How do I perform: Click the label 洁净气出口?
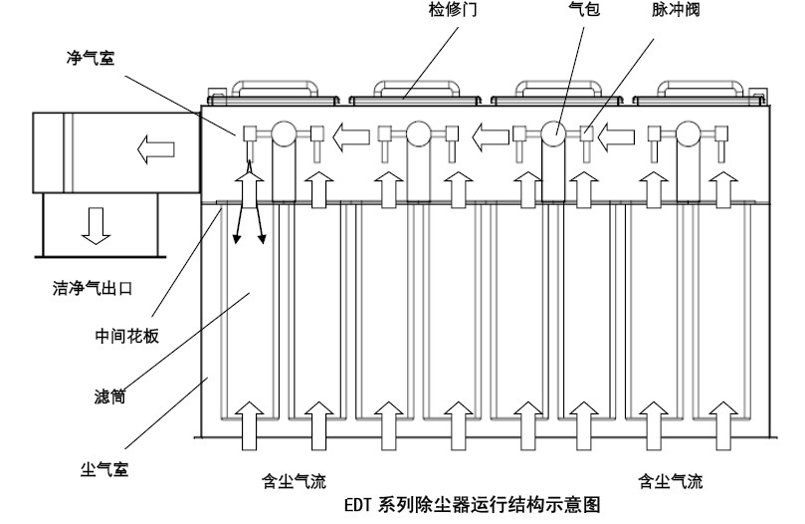[94, 289]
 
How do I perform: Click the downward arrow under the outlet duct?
[96, 227]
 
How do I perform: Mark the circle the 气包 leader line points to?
[554, 134]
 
